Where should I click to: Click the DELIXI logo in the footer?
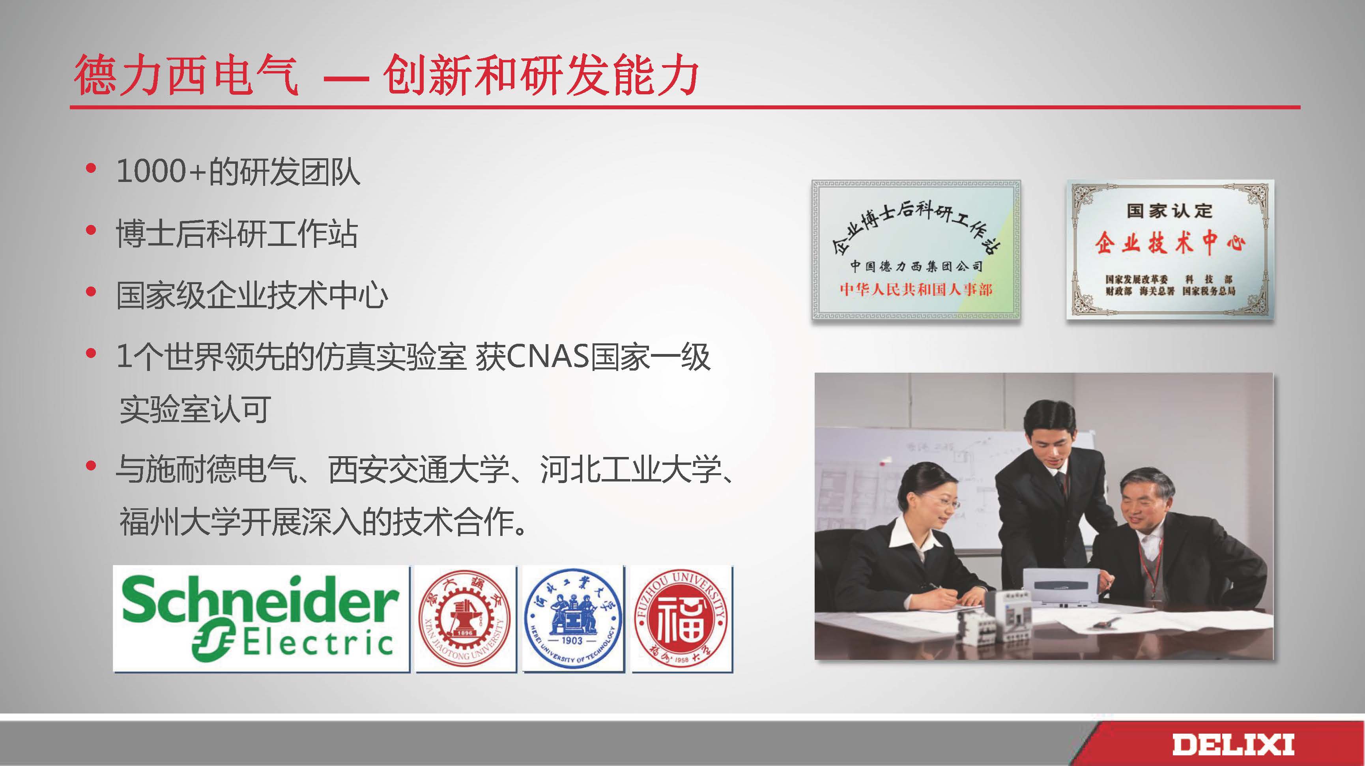(x=1232, y=744)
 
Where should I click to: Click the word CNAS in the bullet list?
(x=548, y=357)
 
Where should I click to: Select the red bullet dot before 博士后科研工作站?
(x=91, y=230)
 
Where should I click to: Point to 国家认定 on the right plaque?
(x=1169, y=210)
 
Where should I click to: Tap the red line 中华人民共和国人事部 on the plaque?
(x=916, y=289)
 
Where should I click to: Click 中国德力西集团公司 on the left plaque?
(x=916, y=266)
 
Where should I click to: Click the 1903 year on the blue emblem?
(x=572, y=641)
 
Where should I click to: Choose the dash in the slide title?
(x=346, y=79)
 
